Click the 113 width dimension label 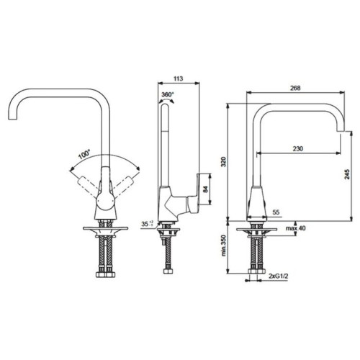pyautogui.click(x=178, y=78)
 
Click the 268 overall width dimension pyautogui.click(x=295, y=88)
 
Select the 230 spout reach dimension pyautogui.click(x=298, y=148)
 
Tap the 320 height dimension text pyautogui.click(x=223, y=162)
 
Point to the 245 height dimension pyautogui.click(x=347, y=174)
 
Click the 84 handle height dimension pyautogui.click(x=205, y=189)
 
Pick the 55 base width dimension pyautogui.click(x=276, y=212)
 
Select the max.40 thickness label pyautogui.click(x=296, y=228)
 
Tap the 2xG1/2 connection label pyautogui.click(x=279, y=276)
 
